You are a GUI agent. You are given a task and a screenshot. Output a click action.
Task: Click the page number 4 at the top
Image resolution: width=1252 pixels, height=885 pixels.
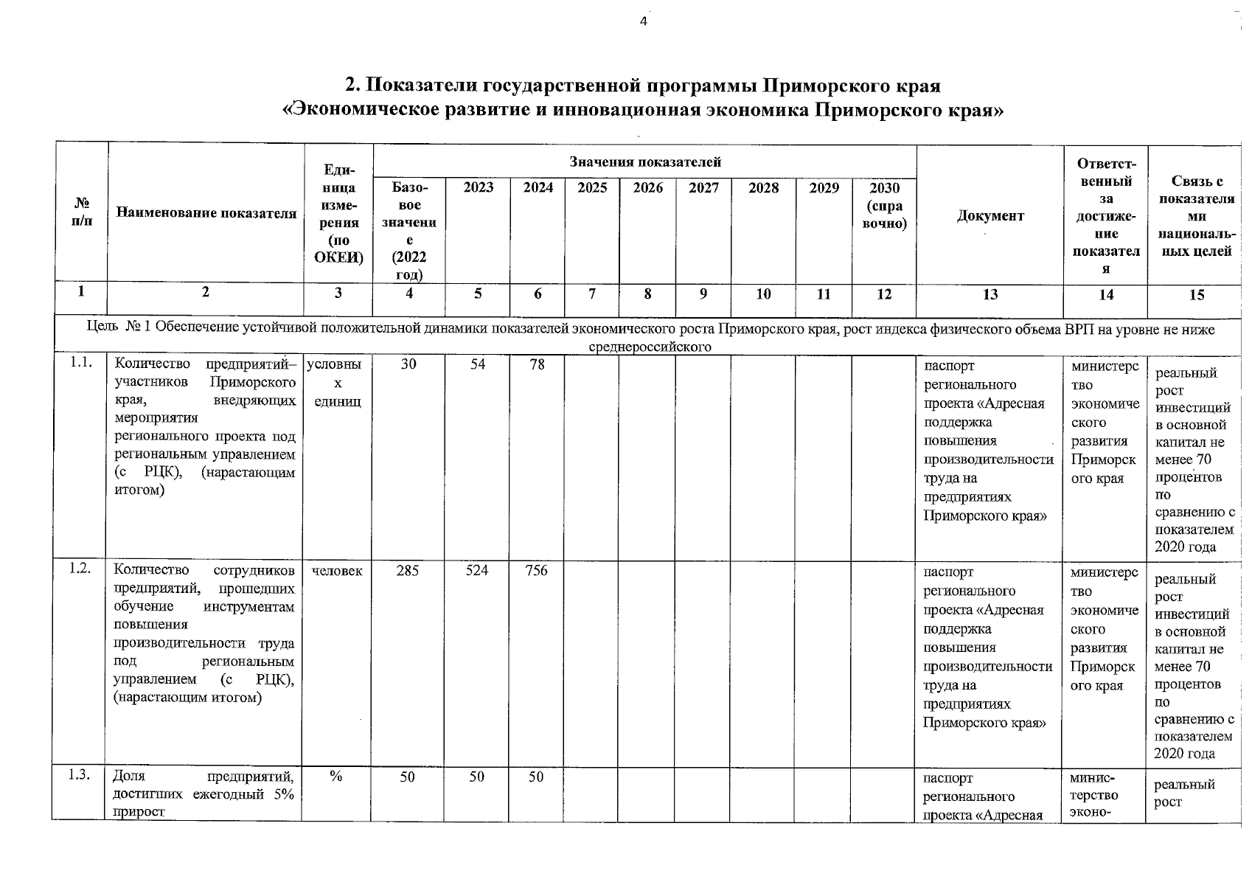click(x=643, y=21)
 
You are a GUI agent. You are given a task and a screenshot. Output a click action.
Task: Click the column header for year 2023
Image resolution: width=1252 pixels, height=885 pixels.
click(x=478, y=188)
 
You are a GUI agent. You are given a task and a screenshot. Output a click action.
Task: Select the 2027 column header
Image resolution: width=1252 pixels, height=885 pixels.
click(x=703, y=188)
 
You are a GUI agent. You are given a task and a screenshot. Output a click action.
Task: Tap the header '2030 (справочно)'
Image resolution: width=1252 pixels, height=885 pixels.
click(x=884, y=206)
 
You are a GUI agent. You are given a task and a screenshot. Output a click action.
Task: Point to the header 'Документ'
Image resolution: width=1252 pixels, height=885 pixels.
click(x=990, y=215)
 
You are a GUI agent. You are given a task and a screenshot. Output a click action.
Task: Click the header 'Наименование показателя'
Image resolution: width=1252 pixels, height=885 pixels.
click(x=206, y=213)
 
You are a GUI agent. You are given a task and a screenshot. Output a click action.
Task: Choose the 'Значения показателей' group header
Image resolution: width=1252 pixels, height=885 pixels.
click(x=644, y=162)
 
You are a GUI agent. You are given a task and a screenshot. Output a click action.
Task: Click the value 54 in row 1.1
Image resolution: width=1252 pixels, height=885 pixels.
click(x=478, y=364)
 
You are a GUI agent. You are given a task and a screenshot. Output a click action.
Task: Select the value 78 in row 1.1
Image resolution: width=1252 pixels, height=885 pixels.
click(x=537, y=364)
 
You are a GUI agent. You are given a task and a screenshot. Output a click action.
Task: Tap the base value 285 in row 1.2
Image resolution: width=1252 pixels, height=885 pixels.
click(x=407, y=571)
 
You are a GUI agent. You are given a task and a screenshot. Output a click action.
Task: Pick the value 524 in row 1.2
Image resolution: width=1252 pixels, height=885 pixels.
click(x=477, y=571)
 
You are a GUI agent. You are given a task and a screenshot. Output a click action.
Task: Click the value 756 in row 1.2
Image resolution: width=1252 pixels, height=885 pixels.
click(x=536, y=571)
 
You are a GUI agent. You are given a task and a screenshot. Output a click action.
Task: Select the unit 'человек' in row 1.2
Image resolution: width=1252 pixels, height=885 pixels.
click(x=337, y=571)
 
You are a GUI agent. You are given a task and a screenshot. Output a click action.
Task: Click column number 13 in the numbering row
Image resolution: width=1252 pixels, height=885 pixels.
click(x=990, y=294)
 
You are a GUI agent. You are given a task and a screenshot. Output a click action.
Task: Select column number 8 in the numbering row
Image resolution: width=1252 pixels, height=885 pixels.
click(x=647, y=294)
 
